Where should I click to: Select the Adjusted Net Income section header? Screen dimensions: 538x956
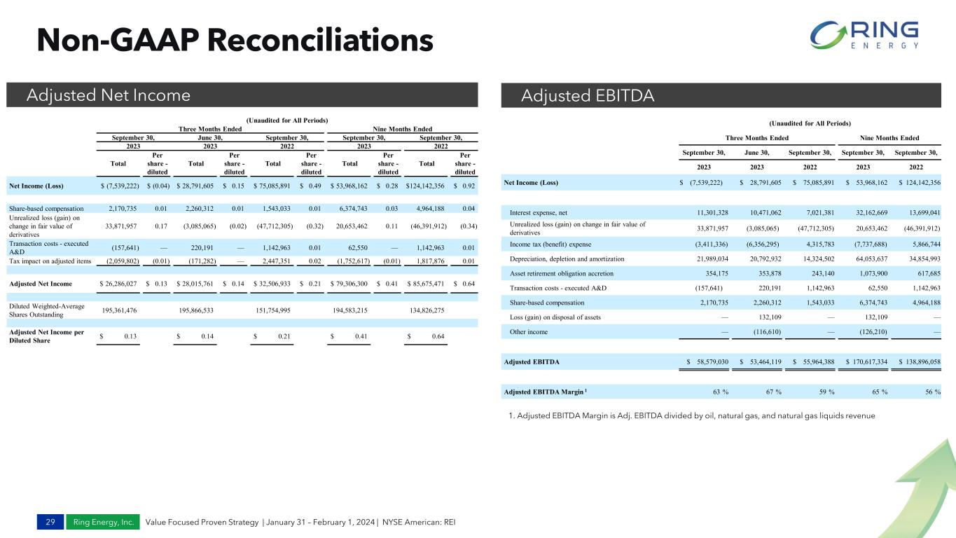109,95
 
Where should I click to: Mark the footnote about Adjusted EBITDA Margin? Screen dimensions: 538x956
692,416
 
